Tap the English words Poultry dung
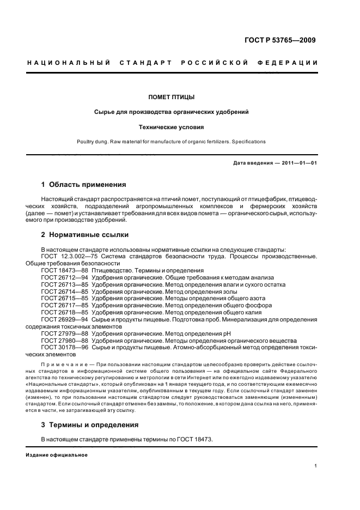pos(94,142)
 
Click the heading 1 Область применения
pos(84,185)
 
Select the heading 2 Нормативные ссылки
pos(85,235)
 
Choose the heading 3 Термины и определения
pos(90,424)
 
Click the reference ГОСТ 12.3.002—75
pos(69,256)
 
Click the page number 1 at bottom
pos(315,466)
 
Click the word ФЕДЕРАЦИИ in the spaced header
pos(291,63)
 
